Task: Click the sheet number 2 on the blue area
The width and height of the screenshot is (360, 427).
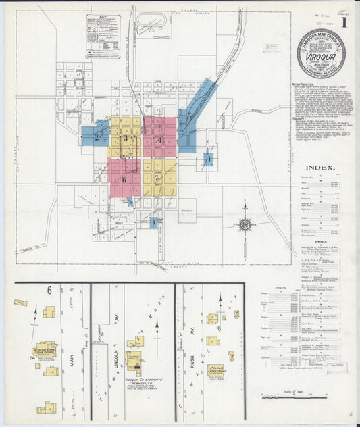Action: point(97,137)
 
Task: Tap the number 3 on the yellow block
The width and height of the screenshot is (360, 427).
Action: point(126,138)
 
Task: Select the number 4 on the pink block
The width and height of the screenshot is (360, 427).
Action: point(159,140)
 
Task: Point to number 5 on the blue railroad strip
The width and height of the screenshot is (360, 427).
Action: point(190,116)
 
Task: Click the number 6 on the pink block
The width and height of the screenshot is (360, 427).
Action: point(124,179)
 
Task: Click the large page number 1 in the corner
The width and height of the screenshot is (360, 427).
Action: point(344,22)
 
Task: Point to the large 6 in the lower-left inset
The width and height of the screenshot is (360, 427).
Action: point(49,291)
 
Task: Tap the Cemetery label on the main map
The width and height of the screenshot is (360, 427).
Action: point(188,210)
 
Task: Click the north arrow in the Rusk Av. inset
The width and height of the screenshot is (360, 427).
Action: point(220,303)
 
